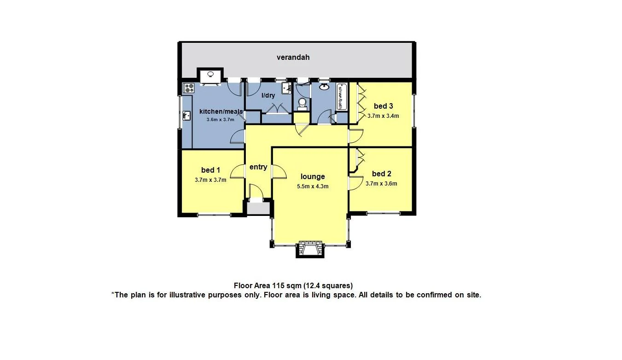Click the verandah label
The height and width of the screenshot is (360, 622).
(293, 58)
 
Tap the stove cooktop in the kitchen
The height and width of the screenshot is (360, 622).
(189, 87)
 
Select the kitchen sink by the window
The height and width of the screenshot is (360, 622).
(187, 116)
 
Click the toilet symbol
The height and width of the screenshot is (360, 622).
(302, 104)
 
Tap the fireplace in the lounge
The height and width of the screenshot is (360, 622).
(307, 249)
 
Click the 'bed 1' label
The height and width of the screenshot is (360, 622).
(210, 170)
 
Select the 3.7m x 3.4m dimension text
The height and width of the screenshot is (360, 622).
(383, 116)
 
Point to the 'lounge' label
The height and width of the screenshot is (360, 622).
(313, 177)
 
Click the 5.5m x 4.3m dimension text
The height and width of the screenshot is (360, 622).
(313, 186)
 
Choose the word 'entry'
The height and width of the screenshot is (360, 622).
(258, 167)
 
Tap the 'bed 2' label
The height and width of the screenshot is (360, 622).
(381, 174)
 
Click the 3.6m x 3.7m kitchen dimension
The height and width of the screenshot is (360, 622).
(221, 120)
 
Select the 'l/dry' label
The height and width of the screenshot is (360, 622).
(268, 96)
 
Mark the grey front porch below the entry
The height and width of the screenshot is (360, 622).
(258, 208)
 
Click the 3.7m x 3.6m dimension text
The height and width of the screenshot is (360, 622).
(381, 183)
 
